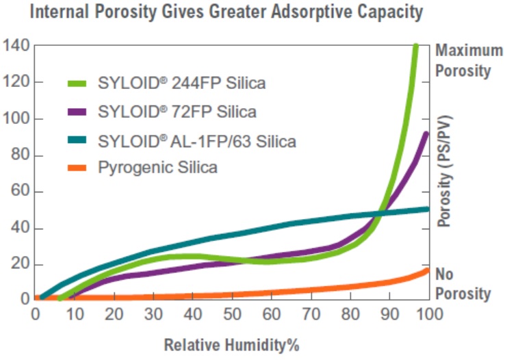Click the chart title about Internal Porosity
pos(233,12)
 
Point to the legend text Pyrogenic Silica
pos(158,167)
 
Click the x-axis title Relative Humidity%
pos(233,344)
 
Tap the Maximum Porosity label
pos(463,60)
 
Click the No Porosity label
pos(463,284)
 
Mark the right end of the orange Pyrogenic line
pos(428,270)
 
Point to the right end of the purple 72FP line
pos(427,134)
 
